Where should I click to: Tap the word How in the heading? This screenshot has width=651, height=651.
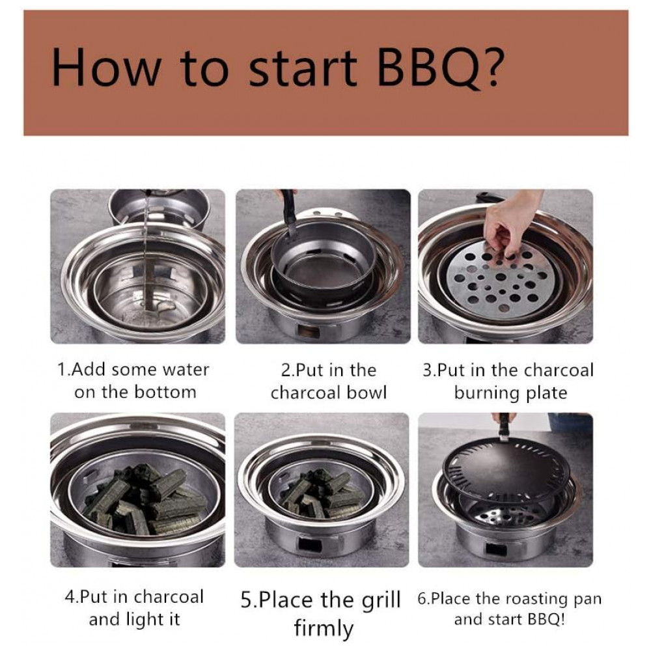pos(105,68)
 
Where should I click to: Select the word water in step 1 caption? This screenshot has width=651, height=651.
pos(186,370)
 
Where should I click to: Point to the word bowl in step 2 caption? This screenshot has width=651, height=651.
pos(367,393)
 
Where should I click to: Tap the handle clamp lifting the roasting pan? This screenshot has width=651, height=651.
pos(504,427)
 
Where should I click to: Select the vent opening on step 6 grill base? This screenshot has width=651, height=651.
pos(496,549)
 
